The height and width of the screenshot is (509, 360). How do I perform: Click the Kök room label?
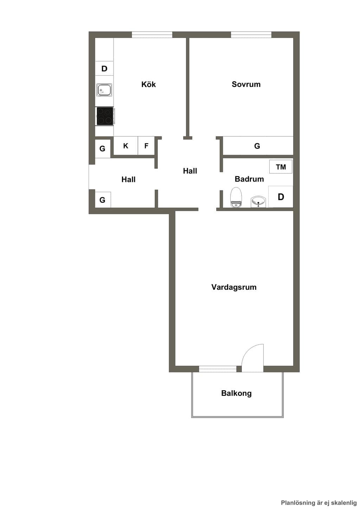pyautogui.click(x=148, y=84)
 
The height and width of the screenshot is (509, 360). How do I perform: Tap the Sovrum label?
pyautogui.click(x=246, y=84)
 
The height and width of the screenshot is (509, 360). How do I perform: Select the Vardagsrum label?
pyautogui.click(x=234, y=287)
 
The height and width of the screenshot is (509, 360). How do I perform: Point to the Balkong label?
pyautogui.click(x=236, y=393)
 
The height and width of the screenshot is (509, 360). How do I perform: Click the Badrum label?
pyautogui.click(x=249, y=179)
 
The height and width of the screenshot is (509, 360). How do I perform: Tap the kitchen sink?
pyautogui.click(x=104, y=90)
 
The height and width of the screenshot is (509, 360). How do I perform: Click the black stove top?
pyautogui.click(x=105, y=116)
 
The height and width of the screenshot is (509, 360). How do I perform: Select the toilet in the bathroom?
pyautogui.click(x=236, y=197)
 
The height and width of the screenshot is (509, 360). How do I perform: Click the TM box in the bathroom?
pyautogui.click(x=281, y=167)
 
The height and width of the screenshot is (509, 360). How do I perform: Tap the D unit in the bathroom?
pyautogui.click(x=281, y=197)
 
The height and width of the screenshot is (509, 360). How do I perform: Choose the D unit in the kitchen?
pyautogui.click(x=104, y=68)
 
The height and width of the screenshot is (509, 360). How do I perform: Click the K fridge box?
pyautogui.click(x=126, y=146)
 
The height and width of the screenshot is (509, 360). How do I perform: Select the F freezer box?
pyautogui.click(x=146, y=146)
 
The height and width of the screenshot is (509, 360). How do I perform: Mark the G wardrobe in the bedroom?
pyautogui.click(x=258, y=146)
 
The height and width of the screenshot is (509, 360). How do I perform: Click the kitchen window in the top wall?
pyautogui.click(x=152, y=35)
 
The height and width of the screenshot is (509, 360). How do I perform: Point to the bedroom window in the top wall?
pyautogui.click(x=251, y=35)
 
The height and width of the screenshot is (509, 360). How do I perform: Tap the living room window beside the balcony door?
pyautogui.click(x=218, y=369)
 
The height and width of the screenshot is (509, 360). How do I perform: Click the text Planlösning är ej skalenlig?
pyautogui.click(x=319, y=503)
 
